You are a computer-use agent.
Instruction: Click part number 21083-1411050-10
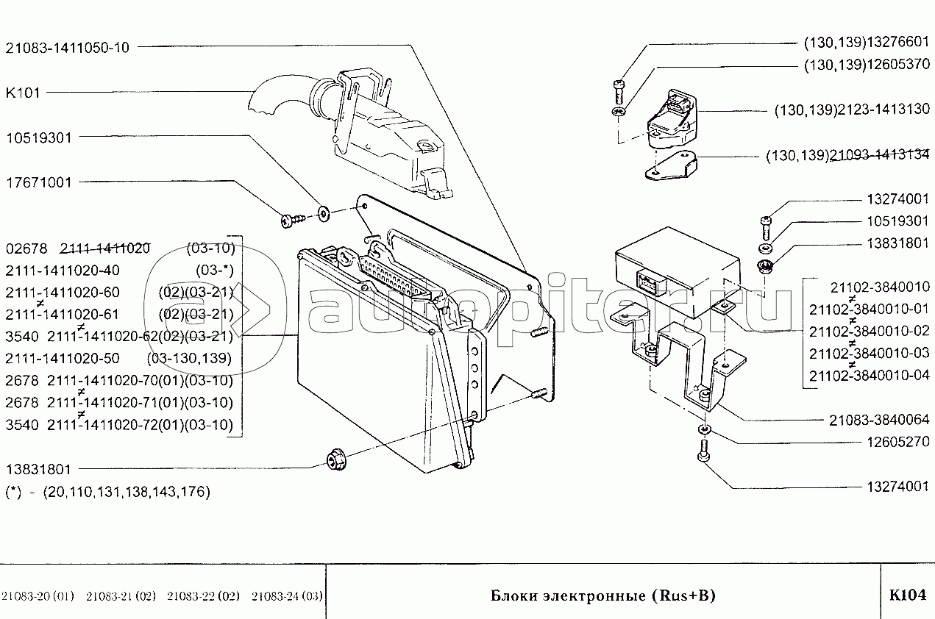tap(67, 48)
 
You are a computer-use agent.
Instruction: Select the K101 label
tap(23, 93)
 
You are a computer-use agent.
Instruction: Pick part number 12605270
tap(892, 443)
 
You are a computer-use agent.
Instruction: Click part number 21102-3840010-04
tap(869, 376)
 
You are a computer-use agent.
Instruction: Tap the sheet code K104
tap(906, 595)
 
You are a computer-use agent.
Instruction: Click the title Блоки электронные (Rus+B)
tap(602, 595)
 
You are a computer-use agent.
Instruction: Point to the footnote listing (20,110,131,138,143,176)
tap(107, 492)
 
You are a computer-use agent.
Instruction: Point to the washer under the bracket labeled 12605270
tap(704, 430)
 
